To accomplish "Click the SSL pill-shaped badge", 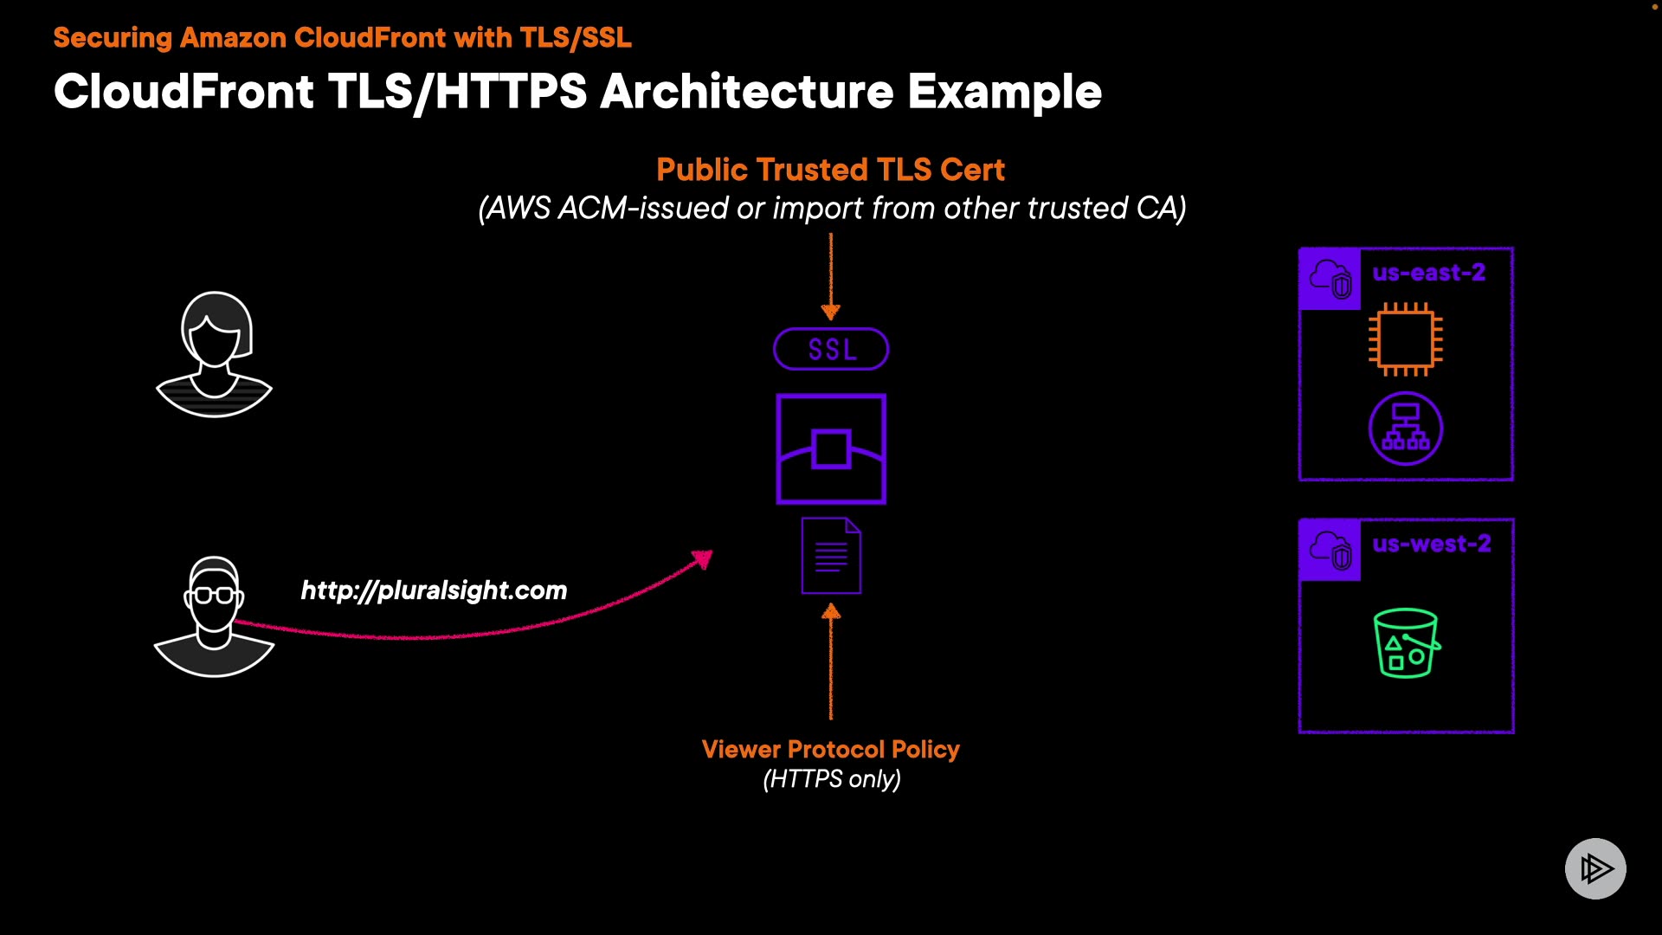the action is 831,349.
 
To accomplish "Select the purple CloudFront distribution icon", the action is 831,448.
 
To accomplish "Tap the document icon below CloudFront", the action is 831,556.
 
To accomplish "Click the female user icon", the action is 215,354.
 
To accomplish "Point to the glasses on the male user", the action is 214,596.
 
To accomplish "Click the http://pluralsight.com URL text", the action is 434,590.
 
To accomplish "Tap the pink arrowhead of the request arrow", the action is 703,559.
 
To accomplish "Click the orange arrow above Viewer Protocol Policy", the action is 831,661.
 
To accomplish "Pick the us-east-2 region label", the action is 1429,273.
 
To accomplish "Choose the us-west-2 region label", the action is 1432,544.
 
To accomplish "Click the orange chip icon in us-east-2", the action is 1406,339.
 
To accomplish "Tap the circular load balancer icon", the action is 1406,429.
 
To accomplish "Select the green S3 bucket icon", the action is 1407,643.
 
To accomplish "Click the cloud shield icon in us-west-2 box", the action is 1330,550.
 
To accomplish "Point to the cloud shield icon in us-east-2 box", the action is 1330,279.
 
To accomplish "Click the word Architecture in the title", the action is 747,92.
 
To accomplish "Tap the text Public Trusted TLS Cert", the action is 831,170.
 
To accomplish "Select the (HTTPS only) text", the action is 832,779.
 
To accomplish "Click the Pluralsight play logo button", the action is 1595,868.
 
